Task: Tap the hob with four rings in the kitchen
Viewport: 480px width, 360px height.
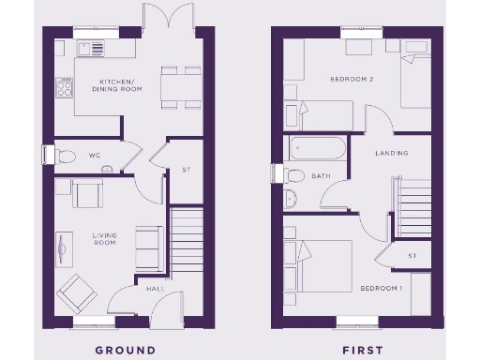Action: coord(66,87)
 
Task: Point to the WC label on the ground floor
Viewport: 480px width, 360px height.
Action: coord(95,155)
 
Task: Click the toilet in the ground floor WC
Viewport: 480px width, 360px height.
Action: coord(67,155)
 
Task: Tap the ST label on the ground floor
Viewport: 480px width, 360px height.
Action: coord(187,170)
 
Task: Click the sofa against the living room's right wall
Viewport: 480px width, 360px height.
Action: coord(149,247)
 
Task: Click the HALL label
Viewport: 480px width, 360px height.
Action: coord(156,289)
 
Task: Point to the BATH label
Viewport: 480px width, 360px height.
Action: coord(322,176)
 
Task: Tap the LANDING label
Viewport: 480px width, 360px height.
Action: coord(391,153)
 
